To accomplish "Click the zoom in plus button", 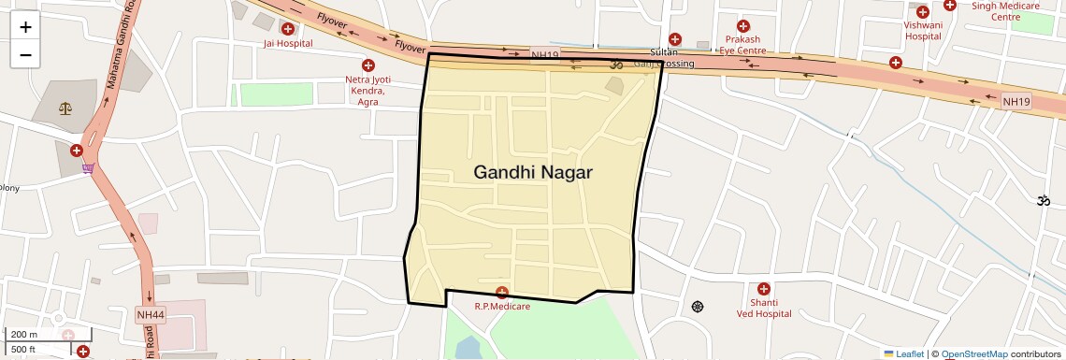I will (25, 27).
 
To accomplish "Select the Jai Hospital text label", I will (287, 43).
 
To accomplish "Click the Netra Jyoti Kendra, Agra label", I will (366, 91).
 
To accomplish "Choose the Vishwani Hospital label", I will (923, 32).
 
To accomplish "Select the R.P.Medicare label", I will (502, 307).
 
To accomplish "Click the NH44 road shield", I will (150, 315).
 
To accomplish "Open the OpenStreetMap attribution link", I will (973, 354).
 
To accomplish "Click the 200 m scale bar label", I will (23, 335).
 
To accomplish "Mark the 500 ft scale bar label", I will (23, 350).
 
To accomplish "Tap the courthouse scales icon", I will (65, 108).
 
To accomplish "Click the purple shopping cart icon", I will (88, 168).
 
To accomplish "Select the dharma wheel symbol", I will (697, 307).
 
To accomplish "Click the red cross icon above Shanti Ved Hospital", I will (764, 289).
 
